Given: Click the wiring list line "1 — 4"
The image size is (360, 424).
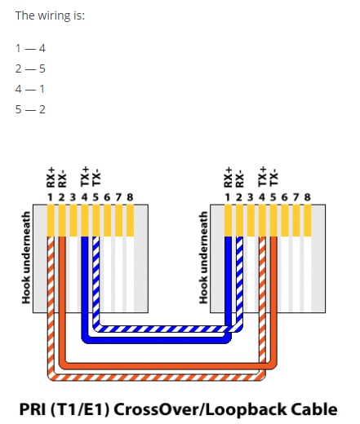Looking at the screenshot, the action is (30, 48).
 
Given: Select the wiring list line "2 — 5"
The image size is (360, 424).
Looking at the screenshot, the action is (30, 68).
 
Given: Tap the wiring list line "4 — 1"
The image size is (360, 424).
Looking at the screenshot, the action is (30, 89).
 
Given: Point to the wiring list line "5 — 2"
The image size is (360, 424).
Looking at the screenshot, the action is (30, 109).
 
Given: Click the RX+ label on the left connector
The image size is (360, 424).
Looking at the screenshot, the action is (51, 178).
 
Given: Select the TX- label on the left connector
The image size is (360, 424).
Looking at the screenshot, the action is (96, 178).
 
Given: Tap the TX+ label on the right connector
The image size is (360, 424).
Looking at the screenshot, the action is (262, 176).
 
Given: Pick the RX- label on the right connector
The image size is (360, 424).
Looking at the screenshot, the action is (239, 179).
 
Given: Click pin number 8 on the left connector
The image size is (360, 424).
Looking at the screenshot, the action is (130, 197).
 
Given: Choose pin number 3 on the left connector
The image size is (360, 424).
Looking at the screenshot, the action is (73, 197).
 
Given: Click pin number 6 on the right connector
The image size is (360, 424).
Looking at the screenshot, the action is (285, 197).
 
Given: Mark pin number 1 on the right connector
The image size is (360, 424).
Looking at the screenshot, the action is (228, 197).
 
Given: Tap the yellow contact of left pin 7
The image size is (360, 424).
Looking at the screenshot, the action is (118, 220).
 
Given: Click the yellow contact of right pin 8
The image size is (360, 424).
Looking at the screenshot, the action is (308, 220).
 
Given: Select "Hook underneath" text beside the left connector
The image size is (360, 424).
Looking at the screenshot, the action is (26, 258).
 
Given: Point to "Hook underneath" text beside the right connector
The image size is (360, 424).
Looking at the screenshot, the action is (203, 258).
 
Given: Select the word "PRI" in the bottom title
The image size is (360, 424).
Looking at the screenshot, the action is (33, 409).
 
